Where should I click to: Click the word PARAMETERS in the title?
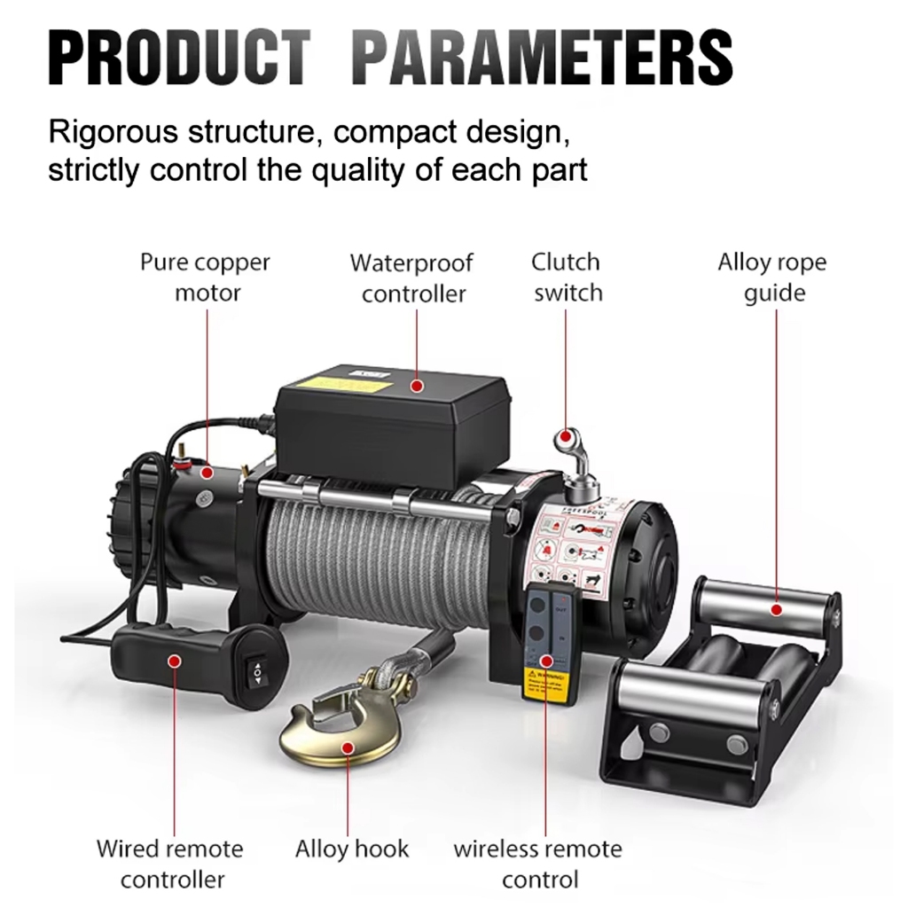point(543,58)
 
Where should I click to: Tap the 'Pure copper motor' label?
point(206,278)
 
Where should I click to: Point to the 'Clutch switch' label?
point(567,278)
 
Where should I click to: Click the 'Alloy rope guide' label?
point(772,278)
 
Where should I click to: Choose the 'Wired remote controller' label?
point(170,864)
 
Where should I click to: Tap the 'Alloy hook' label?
point(352,849)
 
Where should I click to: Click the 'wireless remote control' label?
point(538,864)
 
